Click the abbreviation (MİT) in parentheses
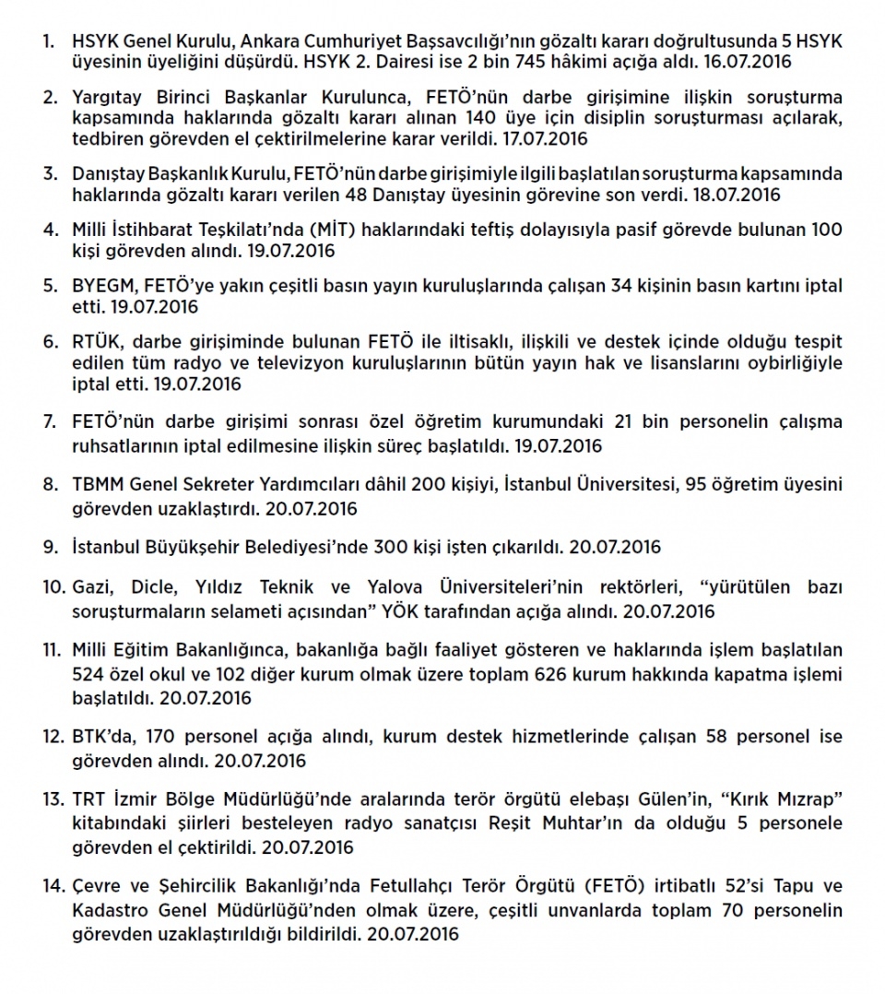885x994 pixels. tap(341, 231)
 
